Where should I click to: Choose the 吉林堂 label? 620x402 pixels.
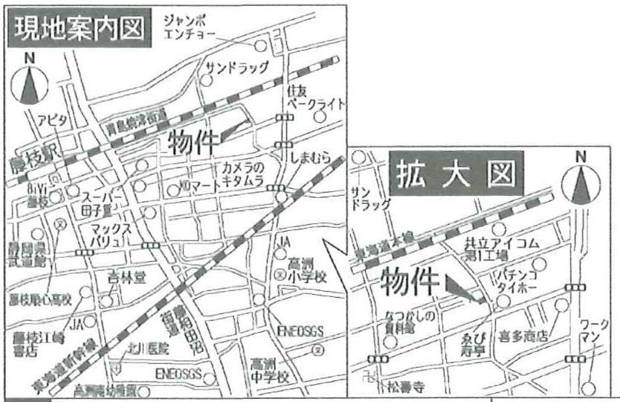click(125, 278)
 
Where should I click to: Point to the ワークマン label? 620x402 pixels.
click(595, 332)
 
